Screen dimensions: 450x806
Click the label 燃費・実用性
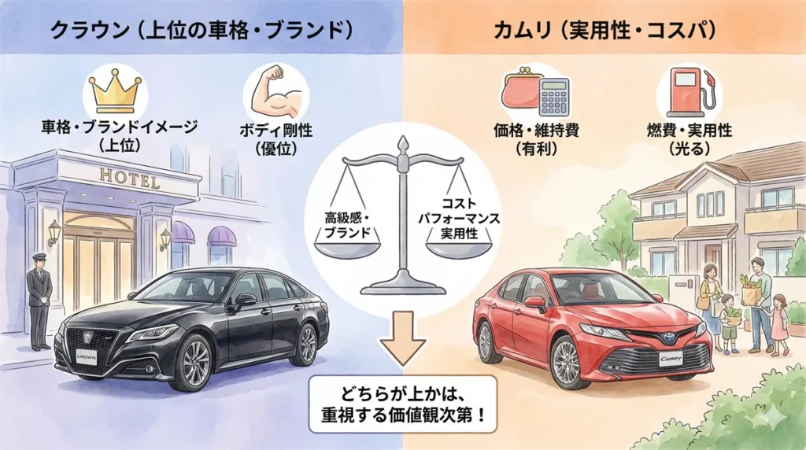click(690, 130)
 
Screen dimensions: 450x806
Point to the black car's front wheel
click(193, 364)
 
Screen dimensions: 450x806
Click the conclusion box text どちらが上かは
click(402, 393)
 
